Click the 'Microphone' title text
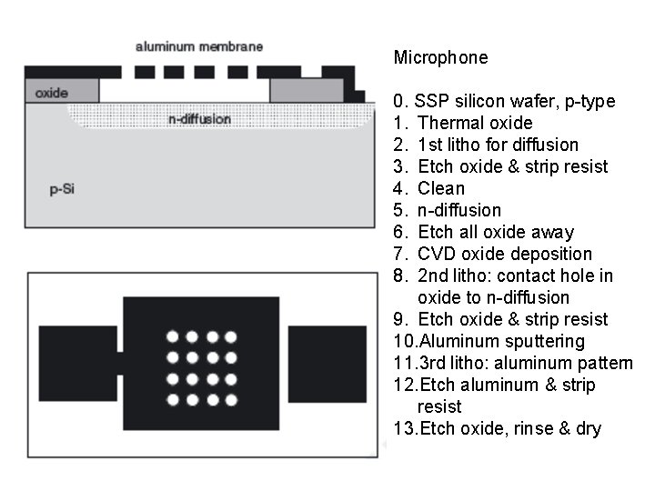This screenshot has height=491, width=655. pos(440,58)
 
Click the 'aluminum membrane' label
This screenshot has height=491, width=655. pos(198,46)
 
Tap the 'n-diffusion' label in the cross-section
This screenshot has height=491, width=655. pos(199,119)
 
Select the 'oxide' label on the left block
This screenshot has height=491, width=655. pos(51,93)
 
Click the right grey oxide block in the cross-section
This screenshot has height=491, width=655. pos(307,90)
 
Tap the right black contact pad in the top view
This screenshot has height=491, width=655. pos(327,363)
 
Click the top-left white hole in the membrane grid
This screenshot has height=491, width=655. pos(171,336)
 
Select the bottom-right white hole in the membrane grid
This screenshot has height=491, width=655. pos(231,399)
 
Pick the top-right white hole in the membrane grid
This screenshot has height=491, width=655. pos(231,336)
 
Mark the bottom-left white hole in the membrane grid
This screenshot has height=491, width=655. pos(171,399)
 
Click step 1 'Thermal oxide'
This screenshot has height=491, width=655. pos(474,123)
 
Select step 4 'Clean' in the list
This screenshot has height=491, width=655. pos(440,188)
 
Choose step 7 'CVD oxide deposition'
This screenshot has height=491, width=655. pos(504,254)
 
